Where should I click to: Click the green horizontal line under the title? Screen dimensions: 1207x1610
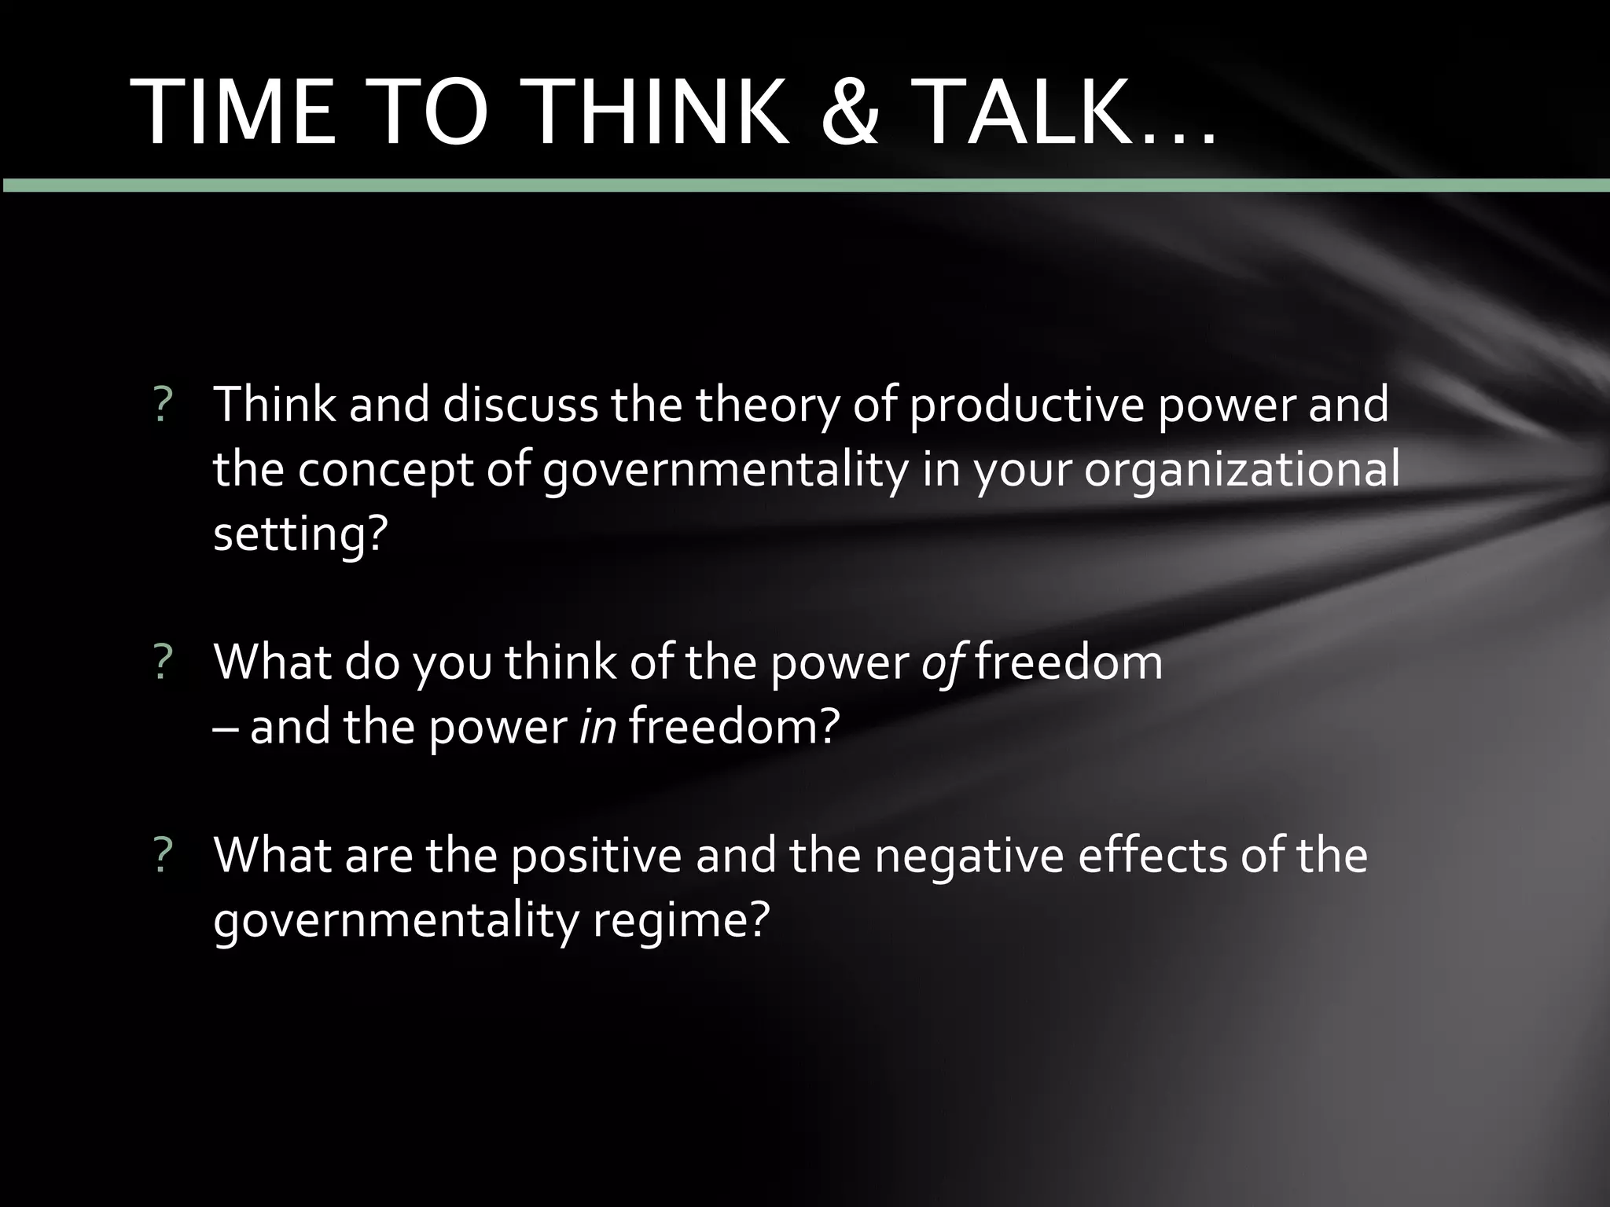tap(805, 185)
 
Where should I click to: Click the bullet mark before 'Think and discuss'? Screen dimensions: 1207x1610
tap(163, 405)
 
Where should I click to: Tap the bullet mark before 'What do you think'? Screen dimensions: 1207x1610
tap(163, 662)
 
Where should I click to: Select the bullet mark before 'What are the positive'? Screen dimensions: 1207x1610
tap(163, 856)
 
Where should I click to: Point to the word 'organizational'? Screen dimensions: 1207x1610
tap(1242, 470)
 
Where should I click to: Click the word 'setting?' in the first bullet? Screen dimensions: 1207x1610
tap(301, 534)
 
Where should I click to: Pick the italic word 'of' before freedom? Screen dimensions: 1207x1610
tap(943, 662)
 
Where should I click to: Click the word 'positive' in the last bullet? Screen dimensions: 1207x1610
tap(597, 856)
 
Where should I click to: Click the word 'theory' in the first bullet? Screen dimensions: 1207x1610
tap(767, 405)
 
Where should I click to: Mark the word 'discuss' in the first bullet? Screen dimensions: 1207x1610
tap(520, 405)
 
